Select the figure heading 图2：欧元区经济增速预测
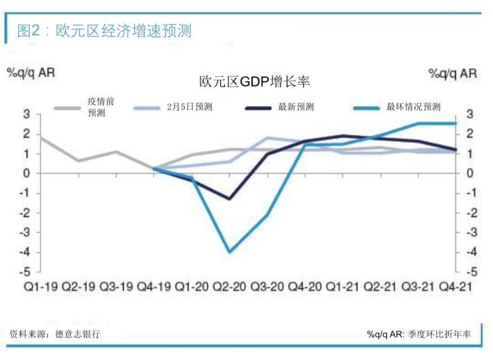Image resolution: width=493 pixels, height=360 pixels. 104,30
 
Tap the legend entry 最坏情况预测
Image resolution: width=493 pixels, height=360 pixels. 413,107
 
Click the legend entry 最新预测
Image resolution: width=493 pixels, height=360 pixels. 295,107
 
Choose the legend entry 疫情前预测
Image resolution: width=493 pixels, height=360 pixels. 101,107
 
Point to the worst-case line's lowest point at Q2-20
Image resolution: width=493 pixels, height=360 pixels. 230,252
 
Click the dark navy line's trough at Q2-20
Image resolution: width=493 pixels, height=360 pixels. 230,199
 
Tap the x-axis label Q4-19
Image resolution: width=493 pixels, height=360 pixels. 154,286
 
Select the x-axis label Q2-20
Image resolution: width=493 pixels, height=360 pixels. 230,286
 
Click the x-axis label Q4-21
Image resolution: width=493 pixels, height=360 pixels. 455,286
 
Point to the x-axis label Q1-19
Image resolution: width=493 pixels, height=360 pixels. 41,286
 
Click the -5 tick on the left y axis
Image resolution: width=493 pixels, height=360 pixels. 26,272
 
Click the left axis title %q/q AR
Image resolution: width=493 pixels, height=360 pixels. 31,73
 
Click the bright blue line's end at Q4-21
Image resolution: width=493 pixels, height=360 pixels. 455,123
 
